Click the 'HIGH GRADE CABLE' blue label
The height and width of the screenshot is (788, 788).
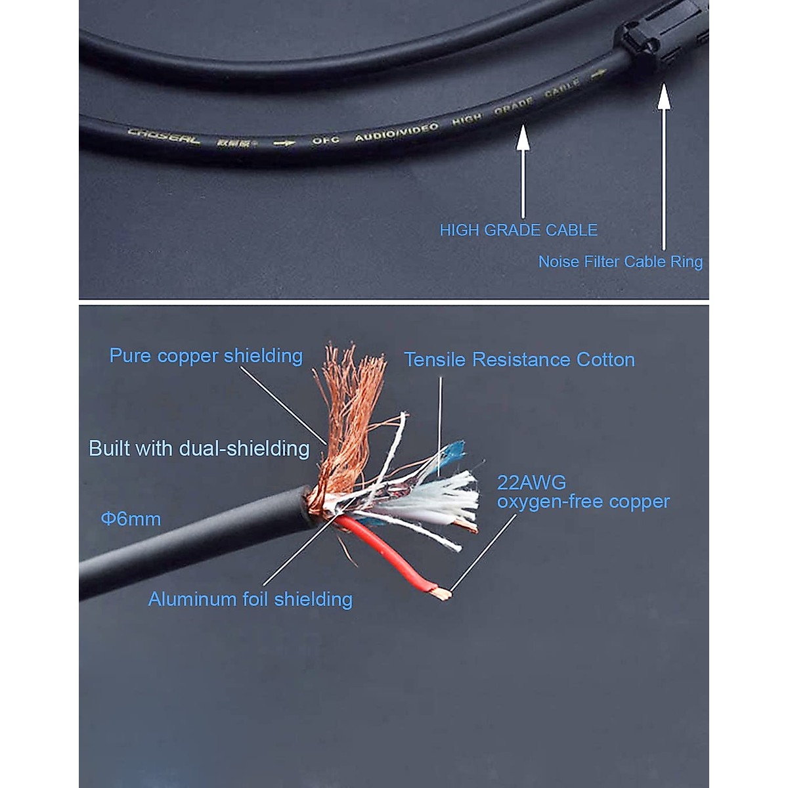coord(518,230)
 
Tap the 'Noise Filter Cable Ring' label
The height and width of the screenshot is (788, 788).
coord(620,262)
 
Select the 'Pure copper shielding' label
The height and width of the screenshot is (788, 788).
coord(206,356)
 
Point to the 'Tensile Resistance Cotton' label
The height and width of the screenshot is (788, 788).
coord(519,360)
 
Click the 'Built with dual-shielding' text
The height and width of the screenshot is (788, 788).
coord(199,449)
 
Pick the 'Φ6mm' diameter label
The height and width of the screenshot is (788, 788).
coord(131,519)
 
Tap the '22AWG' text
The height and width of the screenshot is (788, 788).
coord(531,483)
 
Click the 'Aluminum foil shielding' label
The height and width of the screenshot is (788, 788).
coord(250,600)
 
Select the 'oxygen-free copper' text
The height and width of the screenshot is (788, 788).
coord(583,502)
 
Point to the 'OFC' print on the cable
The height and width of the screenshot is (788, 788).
coord(325,141)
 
